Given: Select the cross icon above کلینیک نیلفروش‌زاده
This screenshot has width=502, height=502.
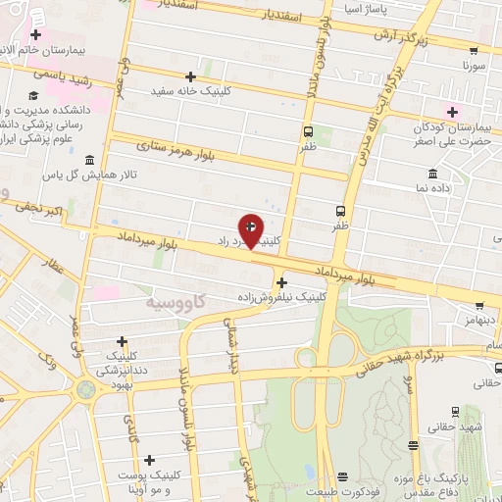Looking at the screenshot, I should click(x=281, y=282).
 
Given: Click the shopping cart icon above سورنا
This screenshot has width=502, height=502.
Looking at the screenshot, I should click(x=474, y=50).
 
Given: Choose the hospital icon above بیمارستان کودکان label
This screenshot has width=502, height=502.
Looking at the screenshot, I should click(x=452, y=109).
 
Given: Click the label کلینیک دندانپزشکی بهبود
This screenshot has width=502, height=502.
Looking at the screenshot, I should click(x=121, y=364).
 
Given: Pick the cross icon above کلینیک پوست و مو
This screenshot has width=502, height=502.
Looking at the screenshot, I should click(x=149, y=459).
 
